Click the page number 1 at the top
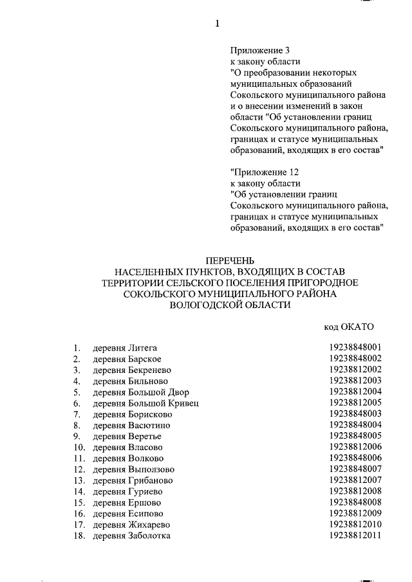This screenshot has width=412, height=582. [217, 24]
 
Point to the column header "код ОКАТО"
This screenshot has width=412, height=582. [348, 327]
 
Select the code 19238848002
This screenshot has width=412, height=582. [355, 358]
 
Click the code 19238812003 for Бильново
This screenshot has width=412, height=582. [355, 381]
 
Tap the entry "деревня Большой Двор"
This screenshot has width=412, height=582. [141, 392]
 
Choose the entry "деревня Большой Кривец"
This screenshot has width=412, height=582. [145, 403]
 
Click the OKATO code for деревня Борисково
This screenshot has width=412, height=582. [355, 414]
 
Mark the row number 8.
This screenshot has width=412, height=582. [77, 425]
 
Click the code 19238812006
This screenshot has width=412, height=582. [355, 447]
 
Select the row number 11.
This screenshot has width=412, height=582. [79, 458]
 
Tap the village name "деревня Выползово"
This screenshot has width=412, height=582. [133, 469]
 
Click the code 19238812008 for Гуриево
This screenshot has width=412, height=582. [355, 491]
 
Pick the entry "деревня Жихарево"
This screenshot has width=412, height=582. [132, 525]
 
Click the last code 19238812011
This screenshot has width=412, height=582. [355, 536]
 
